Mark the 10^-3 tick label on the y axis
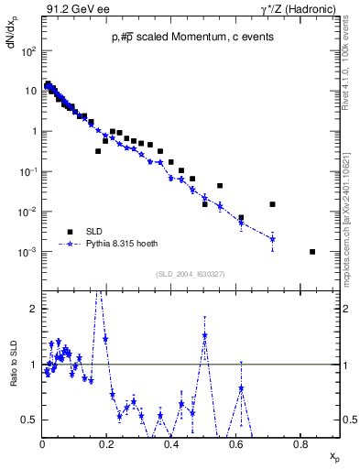(28, 252)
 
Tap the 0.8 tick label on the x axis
(300, 445)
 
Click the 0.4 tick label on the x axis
(171, 445)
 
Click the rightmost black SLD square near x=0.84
(312, 252)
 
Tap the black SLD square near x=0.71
(272, 204)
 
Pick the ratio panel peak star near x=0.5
(205, 335)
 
